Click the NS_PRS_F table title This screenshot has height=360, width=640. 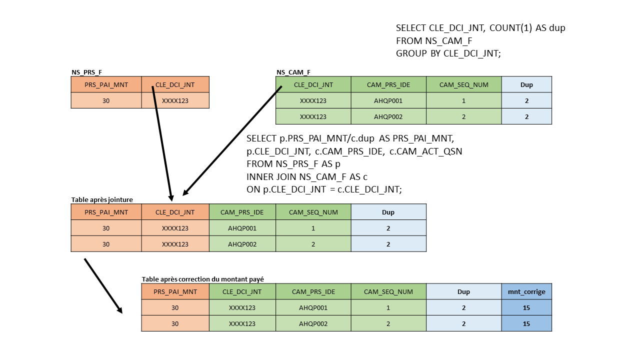tap(83, 72)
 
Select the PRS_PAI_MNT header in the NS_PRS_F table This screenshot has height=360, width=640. tap(106, 84)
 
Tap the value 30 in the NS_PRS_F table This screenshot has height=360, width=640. tap(106, 100)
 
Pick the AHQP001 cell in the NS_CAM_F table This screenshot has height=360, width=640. tap(388, 100)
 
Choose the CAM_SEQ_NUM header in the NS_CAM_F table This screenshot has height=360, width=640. tap(463, 84)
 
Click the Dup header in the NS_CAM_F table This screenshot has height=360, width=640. tap(526, 84)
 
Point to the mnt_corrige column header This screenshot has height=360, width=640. tap(526, 291)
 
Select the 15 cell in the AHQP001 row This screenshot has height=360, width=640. tap(526, 307)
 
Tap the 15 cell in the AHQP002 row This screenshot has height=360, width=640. tap(526, 323)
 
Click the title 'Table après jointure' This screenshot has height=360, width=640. tap(102, 199)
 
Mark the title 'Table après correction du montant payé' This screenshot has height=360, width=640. tap(202, 279)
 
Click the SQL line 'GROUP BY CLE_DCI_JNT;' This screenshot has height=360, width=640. tap(448, 53)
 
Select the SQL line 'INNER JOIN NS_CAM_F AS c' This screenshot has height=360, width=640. tap(307, 176)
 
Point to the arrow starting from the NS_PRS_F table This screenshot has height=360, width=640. tap(162, 145)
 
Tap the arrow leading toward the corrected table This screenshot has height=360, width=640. tap(103, 285)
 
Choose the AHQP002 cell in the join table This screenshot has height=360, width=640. tap(242, 244)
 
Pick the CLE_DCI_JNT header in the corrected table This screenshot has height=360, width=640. tap(242, 291)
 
